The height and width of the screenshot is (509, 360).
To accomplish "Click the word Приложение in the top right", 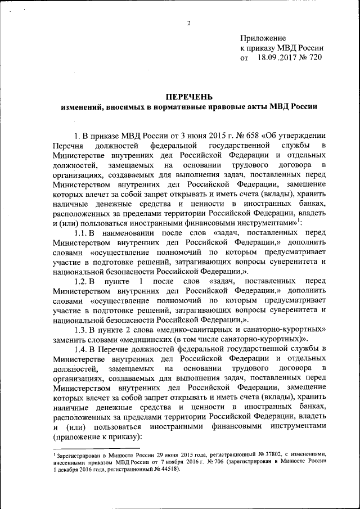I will (263, 38).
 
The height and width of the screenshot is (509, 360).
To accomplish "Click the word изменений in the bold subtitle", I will (84, 106).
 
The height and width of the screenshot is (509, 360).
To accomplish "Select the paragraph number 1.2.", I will (82, 280).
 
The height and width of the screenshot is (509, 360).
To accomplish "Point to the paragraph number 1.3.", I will (82, 328).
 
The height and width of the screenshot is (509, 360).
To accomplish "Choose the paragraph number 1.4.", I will (82, 349).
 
